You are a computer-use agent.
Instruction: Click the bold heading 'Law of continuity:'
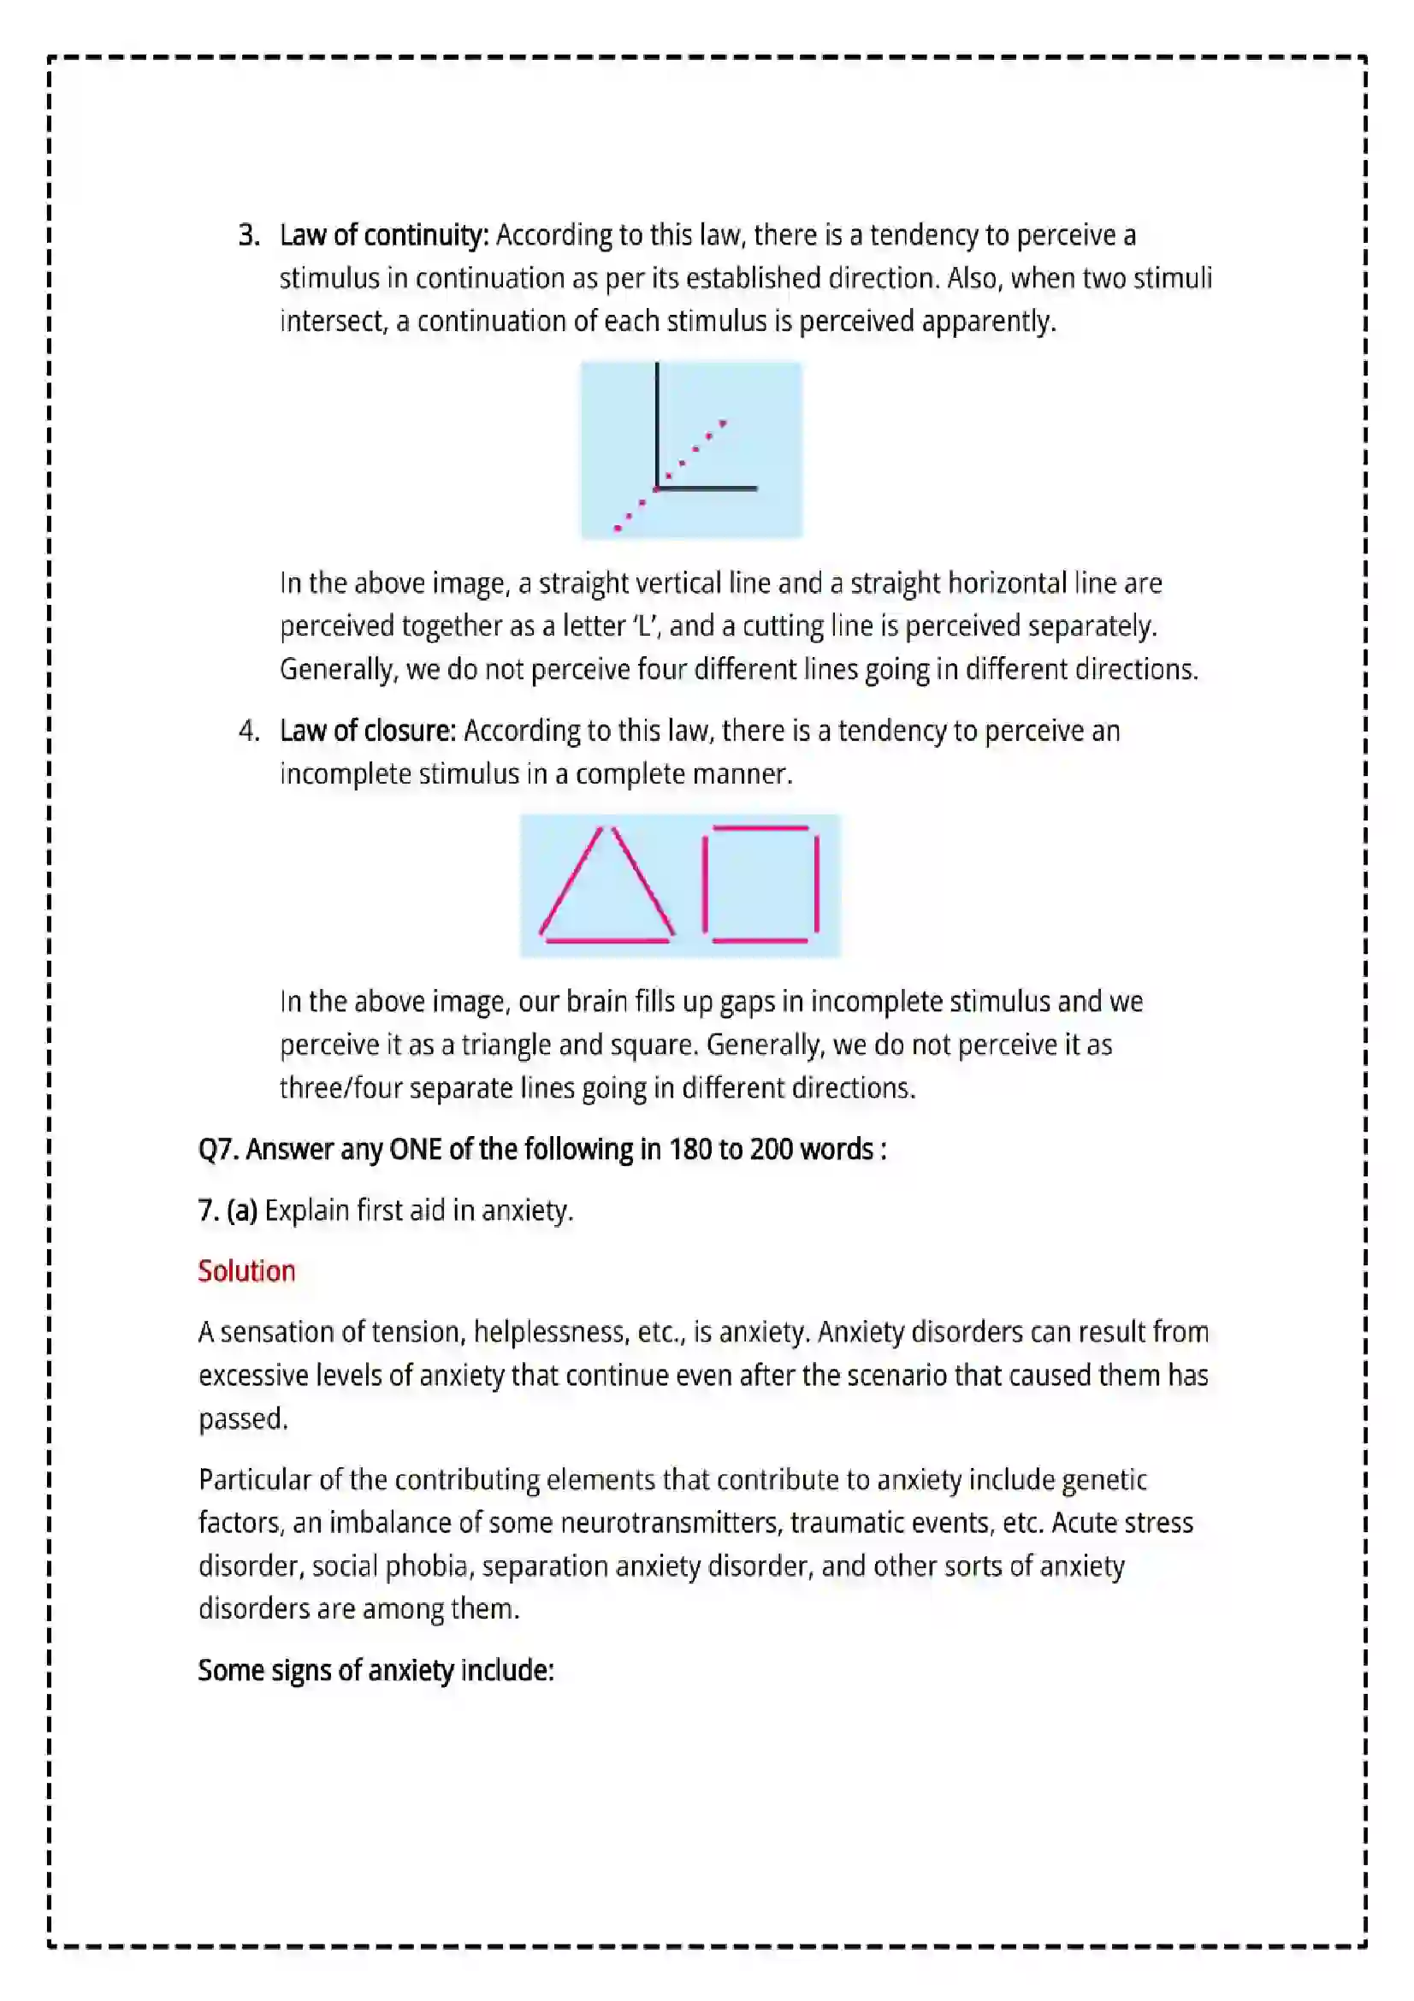[384, 235]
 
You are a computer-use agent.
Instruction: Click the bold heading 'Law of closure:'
[368, 731]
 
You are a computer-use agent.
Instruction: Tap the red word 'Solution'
[246, 1270]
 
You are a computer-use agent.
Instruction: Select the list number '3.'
[249, 235]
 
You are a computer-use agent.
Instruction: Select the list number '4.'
[249, 731]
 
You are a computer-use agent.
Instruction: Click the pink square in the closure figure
[760, 884]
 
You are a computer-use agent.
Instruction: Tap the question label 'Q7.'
[219, 1150]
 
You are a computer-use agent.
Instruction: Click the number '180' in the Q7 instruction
[690, 1150]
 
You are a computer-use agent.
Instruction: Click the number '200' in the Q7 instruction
[772, 1150]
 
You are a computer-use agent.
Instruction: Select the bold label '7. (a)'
[228, 1211]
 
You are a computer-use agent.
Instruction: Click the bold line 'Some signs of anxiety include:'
[376, 1670]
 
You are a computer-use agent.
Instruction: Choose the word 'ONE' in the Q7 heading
[416, 1150]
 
